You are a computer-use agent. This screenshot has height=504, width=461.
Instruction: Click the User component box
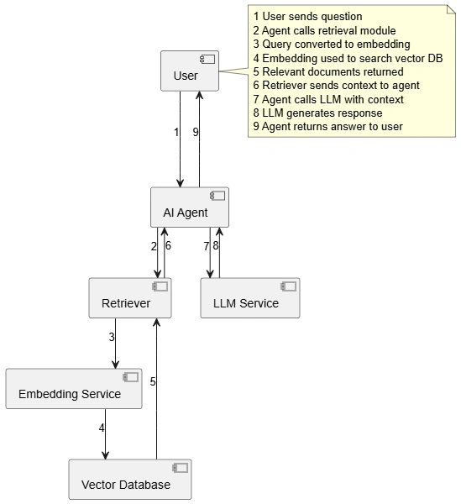[x=190, y=71]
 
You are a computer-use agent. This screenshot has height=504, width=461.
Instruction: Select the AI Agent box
[x=190, y=207]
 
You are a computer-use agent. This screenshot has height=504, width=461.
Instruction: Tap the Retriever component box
[x=130, y=298]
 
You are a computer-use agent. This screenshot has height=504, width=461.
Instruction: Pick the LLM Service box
[x=250, y=298]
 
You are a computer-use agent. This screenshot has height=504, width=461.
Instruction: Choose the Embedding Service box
[x=74, y=389]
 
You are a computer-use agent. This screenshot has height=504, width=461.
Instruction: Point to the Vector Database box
[x=130, y=480]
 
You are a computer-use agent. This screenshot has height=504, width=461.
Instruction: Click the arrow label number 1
[x=176, y=132]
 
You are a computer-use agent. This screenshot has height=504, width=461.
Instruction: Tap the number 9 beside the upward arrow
[x=196, y=132]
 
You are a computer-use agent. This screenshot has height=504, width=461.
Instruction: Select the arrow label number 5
[x=153, y=381]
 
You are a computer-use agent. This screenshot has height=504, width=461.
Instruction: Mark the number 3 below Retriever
[x=112, y=337]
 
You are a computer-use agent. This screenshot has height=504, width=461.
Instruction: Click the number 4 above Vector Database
[x=102, y=428]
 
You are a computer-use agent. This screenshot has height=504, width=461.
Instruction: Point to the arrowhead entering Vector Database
[x=105, y=454]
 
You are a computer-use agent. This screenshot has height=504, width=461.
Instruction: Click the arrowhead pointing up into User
[x=200, y=96]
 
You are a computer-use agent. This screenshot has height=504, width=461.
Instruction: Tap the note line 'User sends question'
[x=307, y=17]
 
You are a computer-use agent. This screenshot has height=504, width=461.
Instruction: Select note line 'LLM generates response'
[x=317, y=113]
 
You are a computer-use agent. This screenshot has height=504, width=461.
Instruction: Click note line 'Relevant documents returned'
[x=328, y=71]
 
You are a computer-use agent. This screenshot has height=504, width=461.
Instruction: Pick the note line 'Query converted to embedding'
[x=332, y=44]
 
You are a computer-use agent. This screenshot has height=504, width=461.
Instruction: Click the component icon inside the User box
[x=207, y=59]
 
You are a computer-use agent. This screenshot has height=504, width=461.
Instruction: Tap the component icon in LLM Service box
[x=289, y=286]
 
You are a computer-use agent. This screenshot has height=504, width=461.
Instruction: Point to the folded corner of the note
[x=452, y=9]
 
